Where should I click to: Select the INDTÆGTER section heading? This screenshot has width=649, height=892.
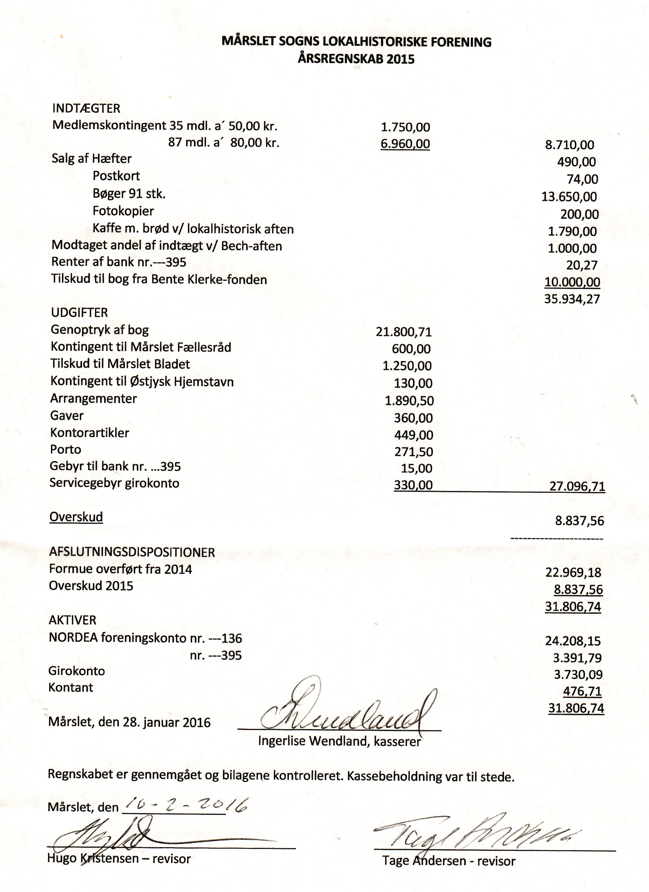[x=86, y=108]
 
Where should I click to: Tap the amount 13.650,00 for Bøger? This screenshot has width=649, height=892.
[x=569, y=197]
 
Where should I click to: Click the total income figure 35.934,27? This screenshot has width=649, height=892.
[x=572, y=299]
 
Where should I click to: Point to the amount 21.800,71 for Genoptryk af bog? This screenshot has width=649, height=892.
[x=404, y=332]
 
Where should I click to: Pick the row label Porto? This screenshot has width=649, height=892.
[x=65, y=449]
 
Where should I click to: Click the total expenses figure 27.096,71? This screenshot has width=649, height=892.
[x=577, y=487]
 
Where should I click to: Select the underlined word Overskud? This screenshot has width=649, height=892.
[x=76, y=517]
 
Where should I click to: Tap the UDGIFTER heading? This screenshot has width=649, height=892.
[x=79, y=313]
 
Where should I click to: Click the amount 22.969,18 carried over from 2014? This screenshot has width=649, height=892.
[x=573, y=572]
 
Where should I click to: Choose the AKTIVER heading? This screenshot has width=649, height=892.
[x=72, y=620]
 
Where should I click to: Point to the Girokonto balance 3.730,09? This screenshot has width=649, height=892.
[x=578, y=675]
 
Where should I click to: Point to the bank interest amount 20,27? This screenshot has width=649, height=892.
[x=582, y=265]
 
